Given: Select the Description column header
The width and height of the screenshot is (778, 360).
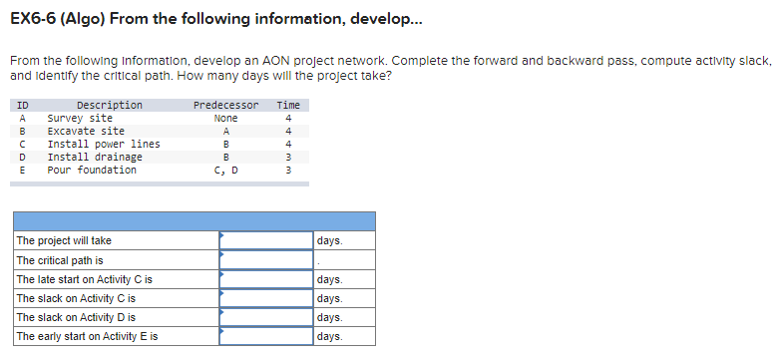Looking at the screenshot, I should (x=110, y=105).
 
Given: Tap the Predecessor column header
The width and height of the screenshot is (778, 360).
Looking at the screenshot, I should (x=225, y=105).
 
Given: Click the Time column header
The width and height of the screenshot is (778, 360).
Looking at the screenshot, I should (x=288, y=105).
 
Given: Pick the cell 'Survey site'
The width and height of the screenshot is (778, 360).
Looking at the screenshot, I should (x=80, y=118).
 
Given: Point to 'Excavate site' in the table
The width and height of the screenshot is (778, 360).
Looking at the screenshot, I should (x=86, y=131).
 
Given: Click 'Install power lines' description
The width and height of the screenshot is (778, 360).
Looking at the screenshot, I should (x=104, y=144).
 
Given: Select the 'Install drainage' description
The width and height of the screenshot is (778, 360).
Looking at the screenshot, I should (x=95, y=157).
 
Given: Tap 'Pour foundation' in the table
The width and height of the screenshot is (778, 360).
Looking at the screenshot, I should (x=92, y=170).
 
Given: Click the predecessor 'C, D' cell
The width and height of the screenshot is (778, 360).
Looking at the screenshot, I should (x=225, y=170).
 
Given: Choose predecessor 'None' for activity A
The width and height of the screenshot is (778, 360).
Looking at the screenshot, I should (x=225, y=118).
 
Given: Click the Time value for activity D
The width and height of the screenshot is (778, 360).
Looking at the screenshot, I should (x=288, y=157).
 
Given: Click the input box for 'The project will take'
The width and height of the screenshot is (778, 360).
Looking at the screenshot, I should (x=266, y=241).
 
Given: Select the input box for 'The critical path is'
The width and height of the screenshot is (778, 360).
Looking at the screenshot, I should (x=266, y=260).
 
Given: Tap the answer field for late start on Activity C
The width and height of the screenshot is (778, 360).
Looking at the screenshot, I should (x=266, y=280).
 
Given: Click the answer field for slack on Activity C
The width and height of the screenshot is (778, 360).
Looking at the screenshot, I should (x=266, y=299).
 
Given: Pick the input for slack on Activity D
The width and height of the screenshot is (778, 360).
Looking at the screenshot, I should (x=266, y=318).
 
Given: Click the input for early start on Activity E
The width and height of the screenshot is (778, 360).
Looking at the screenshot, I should (x=266, y=337).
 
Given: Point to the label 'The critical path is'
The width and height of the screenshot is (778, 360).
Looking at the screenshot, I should (x=60, y=260).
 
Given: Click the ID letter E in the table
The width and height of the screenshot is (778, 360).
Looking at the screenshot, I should (x=22, y=170).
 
